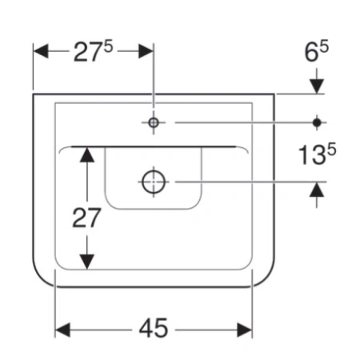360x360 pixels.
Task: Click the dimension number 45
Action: point(154,328)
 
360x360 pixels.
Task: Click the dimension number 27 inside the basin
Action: point(86,218)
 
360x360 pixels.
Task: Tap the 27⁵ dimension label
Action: point(93,51)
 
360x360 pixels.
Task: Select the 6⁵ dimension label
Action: point(317,51)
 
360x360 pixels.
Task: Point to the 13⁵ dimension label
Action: point(317,154)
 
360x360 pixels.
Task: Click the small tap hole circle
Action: point(154,122)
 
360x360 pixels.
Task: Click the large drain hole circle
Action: point(154,182)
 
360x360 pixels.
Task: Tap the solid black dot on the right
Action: point(317,122)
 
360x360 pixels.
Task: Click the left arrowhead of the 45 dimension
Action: point(62,330)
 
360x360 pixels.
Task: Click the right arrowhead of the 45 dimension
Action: point(245,330)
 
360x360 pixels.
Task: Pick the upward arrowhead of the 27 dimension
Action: point(87,155)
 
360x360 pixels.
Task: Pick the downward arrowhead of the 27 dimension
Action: point(87,262)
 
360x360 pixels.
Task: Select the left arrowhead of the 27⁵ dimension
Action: point(41,51)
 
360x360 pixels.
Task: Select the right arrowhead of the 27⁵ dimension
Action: point(146,51)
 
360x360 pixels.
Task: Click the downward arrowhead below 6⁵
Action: point(317,86)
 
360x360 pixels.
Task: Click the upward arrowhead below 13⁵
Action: point(317,190)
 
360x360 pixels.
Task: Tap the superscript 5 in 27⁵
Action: point(109,46)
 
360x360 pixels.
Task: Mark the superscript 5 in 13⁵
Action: point(331,149)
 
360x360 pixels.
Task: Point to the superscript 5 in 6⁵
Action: point(324,46)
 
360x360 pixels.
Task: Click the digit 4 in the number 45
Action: point(146,328)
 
